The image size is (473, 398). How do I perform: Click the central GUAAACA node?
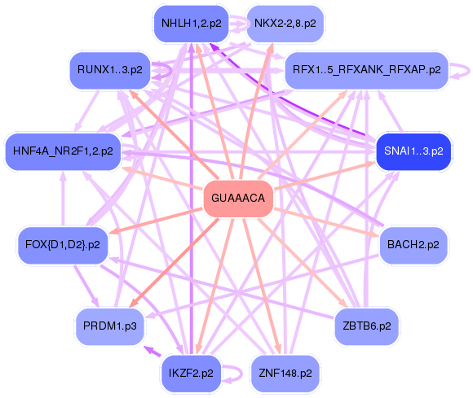coord(238,199)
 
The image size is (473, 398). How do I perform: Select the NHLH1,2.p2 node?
coord(192,24)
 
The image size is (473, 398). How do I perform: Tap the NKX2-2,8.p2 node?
coord(285,24)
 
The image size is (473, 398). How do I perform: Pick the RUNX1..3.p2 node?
coord(110,70)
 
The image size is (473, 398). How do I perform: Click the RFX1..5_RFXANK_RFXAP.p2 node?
coord(366,70)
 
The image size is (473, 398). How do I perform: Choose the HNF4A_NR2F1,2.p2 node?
coord(63,151)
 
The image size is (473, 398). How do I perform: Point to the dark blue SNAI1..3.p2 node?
coord(413,151)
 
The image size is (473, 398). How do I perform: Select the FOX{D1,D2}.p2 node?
coord(63,245)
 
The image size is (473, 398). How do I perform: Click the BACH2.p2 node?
coord(413,245)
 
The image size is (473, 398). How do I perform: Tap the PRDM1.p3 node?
coord(110,326)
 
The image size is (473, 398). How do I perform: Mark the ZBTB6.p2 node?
coord(366,326)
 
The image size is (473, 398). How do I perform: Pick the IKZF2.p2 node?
coord(191,374)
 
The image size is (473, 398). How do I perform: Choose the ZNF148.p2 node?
coord(285,374)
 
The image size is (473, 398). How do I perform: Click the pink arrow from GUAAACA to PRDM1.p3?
coord(174,263)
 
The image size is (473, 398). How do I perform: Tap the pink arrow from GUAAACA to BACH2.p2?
coord(326,221)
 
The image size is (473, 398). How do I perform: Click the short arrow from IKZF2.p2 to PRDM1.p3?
coord(153,352)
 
